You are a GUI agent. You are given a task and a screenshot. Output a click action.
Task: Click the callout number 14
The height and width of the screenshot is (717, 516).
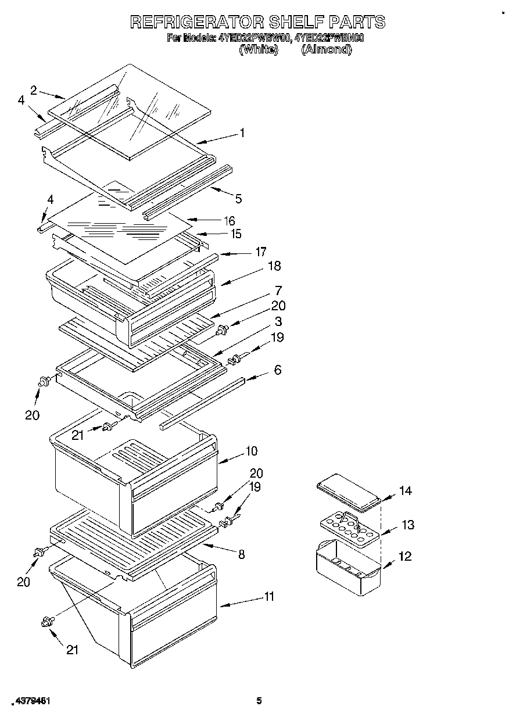[x=405, y=491]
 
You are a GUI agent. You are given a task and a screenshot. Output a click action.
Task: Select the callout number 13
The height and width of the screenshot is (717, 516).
[x=407, y=525]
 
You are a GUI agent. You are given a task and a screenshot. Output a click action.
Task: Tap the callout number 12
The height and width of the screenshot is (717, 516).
[x=404, y=556]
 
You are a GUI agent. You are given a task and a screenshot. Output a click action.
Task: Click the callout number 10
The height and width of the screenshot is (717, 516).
[x=251, y=451]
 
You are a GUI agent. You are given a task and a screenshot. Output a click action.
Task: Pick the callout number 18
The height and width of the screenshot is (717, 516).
[x=274, y=266]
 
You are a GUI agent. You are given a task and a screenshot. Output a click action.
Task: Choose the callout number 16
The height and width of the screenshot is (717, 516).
[x=230, y=221]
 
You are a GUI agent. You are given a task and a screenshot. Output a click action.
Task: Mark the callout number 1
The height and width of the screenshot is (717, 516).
[x=242, y=133]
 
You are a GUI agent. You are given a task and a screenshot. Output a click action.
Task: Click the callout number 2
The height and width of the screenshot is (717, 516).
[x=34, y=89]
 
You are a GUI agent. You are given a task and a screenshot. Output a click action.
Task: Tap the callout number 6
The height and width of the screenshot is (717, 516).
[x=277, y=370]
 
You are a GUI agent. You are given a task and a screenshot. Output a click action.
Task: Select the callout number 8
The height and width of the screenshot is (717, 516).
[x=241, y=554]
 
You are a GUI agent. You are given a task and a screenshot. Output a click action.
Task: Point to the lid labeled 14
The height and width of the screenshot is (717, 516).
[x=349, y=494]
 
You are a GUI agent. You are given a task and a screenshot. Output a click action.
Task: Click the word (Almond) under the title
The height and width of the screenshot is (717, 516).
[x=326, y=50]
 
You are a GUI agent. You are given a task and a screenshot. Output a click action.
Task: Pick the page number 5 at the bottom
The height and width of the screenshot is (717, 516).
[x=260, y=701]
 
